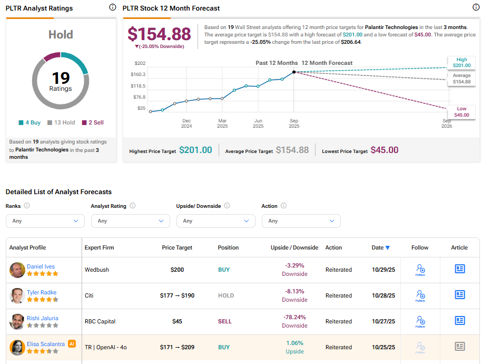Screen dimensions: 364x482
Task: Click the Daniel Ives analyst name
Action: pyautogui.click(x=41, y=266)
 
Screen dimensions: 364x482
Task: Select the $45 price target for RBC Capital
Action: pyautogui.click(x=177, y=321)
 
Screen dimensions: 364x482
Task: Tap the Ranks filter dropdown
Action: pyautogui.click(x=45, y=221)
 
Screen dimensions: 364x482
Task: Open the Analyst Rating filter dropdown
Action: pyautogui.click(x=130, y=221)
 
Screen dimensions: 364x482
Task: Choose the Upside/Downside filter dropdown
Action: pyautogui.click(x=215, y=221)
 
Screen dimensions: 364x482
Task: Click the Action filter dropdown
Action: pyautogui.click(x=301, y=221)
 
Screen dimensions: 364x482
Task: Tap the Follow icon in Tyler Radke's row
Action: pyautogui.click(x=420, y=295)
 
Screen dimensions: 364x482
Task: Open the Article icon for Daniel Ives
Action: pyautogui.click(x=460, y=269)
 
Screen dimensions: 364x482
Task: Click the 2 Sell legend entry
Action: pyautogui.click(x=92, y=122)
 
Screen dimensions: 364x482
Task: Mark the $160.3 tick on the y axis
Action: pyautogui.click(x=138, y=74)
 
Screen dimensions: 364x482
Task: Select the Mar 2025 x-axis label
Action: pyautogui.click(x=222, y=123)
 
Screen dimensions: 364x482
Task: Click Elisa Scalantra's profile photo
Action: pyautogui.click(x=17, y=347)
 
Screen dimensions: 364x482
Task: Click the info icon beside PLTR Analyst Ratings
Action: pyautogui.click(x=112, y=7)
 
